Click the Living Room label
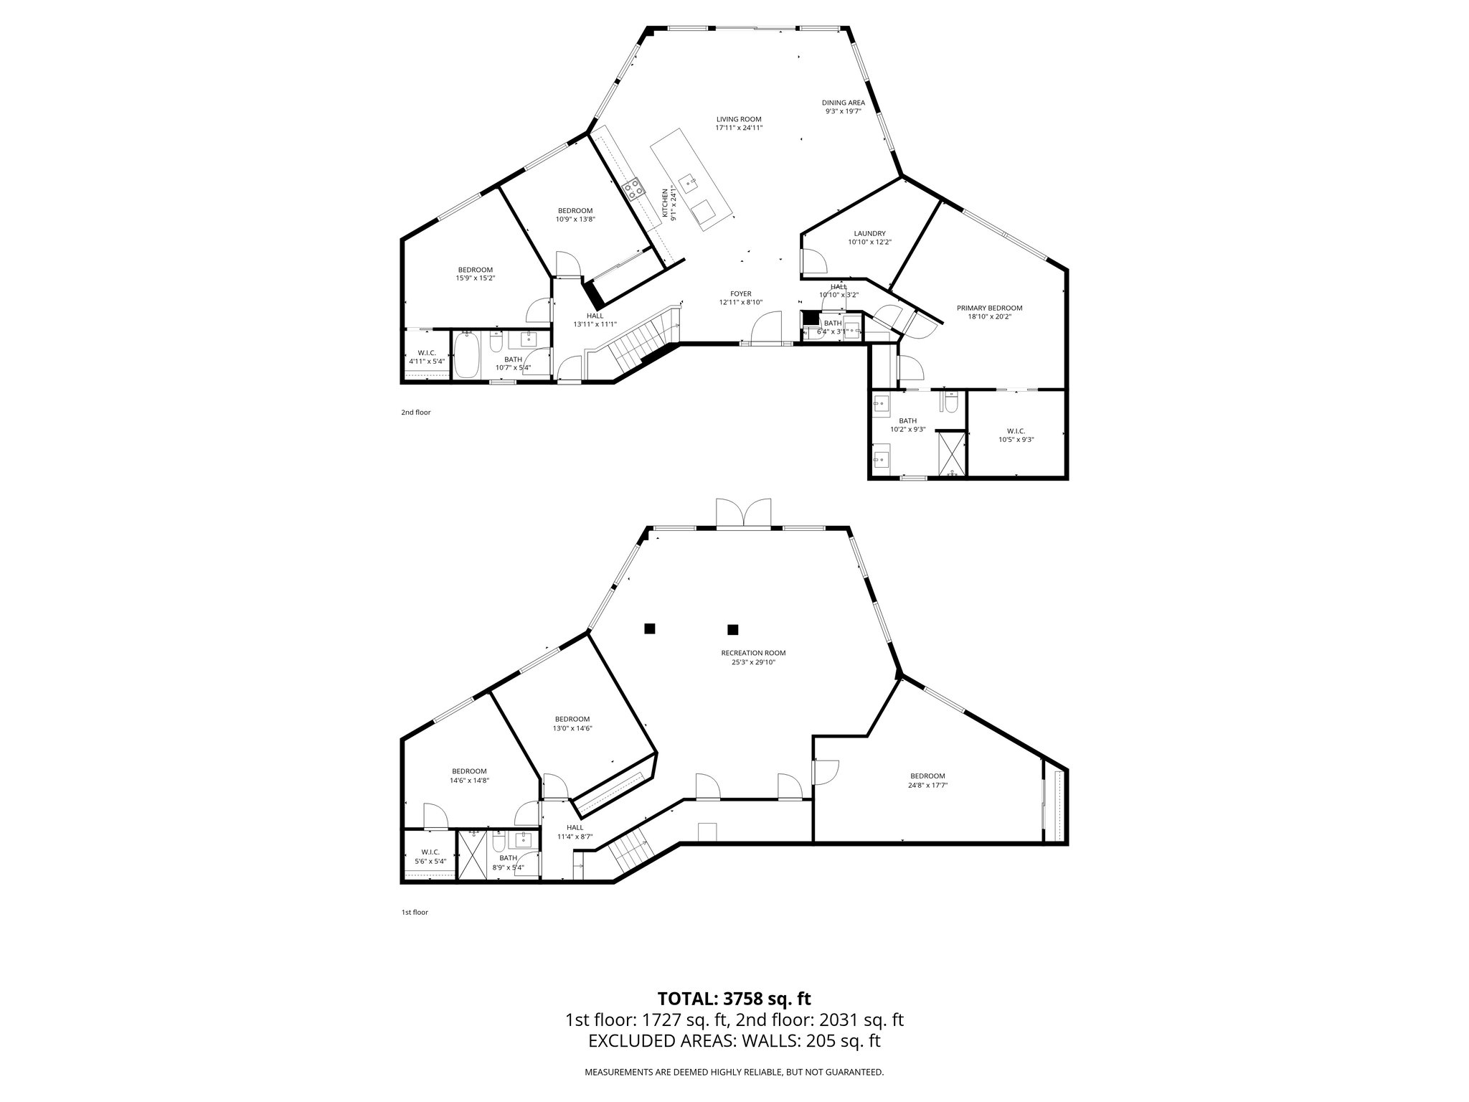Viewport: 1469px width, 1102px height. pos(738,119)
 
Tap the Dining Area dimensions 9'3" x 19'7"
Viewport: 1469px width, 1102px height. pos(843,111)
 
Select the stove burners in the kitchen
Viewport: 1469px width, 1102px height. pos(633,189)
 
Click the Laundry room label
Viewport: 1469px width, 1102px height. pos(869,233)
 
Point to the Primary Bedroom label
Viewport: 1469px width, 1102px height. pos(989,308)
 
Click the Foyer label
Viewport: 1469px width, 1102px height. pos(740,293)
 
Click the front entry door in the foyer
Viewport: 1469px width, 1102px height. pos(766,331)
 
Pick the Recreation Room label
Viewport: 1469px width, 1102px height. pos(753,653)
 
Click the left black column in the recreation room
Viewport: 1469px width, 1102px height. pos(649,628)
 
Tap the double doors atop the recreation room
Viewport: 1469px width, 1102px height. pos(744,513)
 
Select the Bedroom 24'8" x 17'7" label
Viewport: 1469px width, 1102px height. pos(927,776)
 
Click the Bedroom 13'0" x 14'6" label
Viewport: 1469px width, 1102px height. pos(572,719)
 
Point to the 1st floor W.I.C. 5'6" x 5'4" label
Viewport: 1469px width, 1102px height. pos(430,852)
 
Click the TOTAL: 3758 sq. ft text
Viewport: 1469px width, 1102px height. pos(734,998)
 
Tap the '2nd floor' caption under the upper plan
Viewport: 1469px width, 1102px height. pos(415,413)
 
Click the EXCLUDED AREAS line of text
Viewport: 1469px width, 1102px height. pos(734,1041)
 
